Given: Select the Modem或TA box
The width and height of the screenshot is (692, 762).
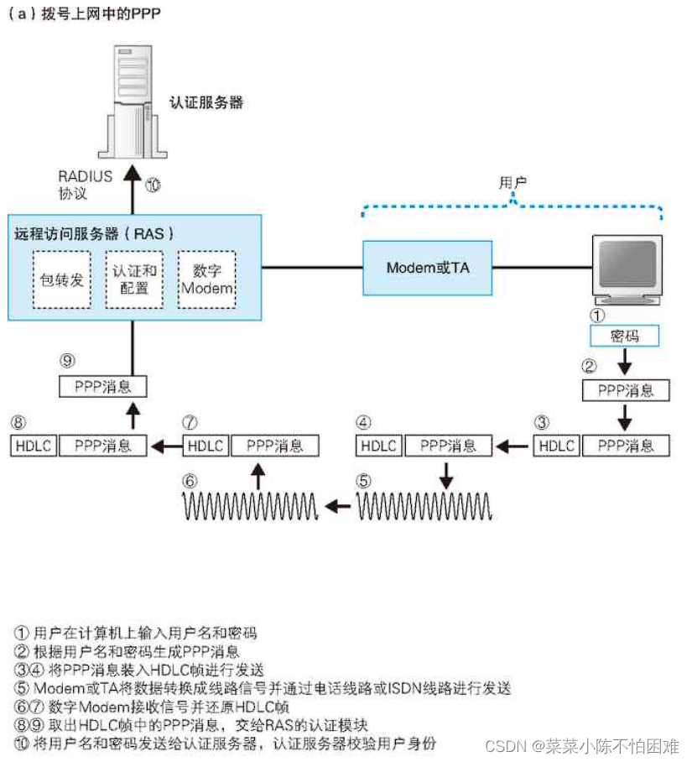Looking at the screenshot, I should [x=428, y=268].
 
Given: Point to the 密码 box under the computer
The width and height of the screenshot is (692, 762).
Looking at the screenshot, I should [x=624, y=336].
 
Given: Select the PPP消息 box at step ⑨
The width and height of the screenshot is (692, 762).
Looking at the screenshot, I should [x=103, y=386].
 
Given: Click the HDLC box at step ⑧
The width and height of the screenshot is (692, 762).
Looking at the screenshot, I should [x=33, y=445].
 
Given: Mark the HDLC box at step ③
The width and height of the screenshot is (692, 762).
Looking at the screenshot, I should [x=555, y=445].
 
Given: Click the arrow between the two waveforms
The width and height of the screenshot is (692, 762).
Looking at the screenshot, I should [x=339, y=505].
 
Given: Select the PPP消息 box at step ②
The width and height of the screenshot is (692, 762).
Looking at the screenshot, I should [x=626, y=390].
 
